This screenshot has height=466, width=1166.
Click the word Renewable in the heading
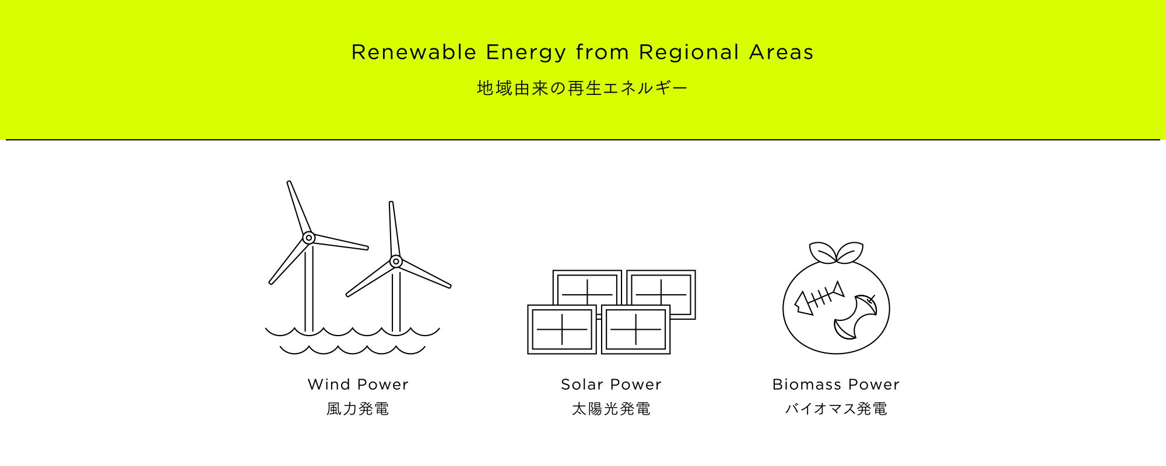(414, 52)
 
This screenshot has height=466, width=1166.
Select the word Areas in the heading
(781, 52)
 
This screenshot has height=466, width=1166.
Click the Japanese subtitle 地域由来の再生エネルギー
(582, 88)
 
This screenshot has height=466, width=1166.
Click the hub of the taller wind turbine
(309, 238)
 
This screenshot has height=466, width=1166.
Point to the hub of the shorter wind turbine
(396, 262)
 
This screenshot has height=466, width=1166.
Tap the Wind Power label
(358, 384)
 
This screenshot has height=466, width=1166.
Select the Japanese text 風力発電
(358, 409)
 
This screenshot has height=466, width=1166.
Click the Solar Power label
(611, 384)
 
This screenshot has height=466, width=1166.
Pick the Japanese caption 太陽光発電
(611, 409)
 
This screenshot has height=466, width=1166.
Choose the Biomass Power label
(836, 384)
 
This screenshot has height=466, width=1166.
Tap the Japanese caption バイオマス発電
(836, 409)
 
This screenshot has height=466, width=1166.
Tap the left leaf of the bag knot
(823, 252)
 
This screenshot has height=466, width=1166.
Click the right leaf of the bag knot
(849, 252)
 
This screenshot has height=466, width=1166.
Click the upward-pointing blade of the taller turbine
(299, 207)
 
